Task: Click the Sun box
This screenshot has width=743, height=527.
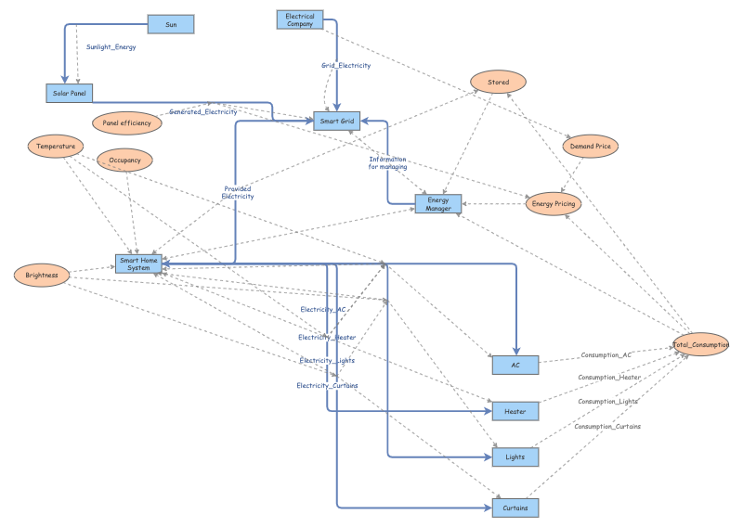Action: tap(171, 24)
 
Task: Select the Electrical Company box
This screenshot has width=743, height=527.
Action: tap(300, 19)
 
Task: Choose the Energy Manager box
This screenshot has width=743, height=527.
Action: tap(438, 203)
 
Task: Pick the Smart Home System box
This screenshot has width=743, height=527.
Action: tap(138, 264)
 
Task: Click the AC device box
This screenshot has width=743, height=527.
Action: tap(515, 365)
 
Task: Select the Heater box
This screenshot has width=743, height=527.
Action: tap(515, 410)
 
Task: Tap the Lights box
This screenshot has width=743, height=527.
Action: tap(515, 456)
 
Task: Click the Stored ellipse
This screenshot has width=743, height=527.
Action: tap(499, 83)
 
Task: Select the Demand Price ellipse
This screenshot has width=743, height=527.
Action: tap(591, 146)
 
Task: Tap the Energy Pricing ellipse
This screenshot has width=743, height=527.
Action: tap(554, 203)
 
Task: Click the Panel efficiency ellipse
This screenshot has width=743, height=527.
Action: tap(127, 122)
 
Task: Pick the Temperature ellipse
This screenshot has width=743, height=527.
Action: tap(56, 146)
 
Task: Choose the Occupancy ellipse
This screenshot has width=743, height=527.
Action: tap(124, 161)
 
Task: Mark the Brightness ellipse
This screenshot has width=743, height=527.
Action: tap(42, 275)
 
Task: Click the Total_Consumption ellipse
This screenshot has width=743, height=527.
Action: tap(702, 344)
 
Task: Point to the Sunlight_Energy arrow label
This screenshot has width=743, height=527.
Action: tap(111, 45)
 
